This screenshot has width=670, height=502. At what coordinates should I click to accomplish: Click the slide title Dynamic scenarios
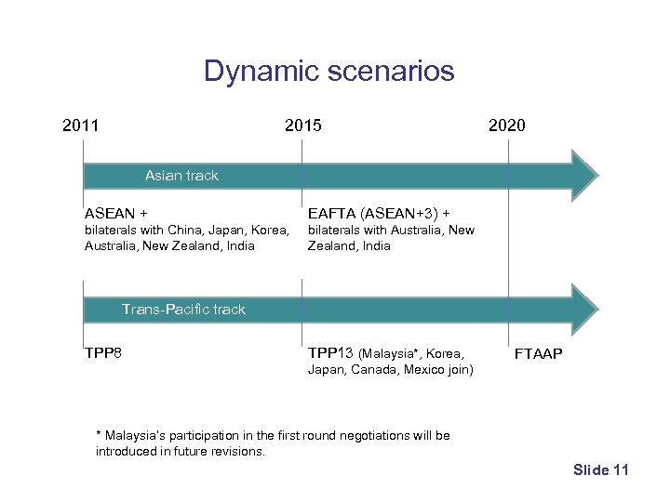(328, 71)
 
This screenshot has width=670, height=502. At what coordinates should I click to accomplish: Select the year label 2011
(81, 125)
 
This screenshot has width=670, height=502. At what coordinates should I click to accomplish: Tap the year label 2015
(303, 125)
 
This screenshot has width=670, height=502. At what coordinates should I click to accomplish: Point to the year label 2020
(506, 125)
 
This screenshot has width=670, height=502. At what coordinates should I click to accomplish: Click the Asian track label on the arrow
(181, 175)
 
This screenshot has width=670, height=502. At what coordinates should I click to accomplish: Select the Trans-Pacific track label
(183, 310)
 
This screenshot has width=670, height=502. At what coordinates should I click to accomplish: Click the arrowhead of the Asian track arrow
(584, 176)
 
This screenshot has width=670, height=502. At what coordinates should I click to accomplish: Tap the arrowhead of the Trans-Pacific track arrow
(584, 310)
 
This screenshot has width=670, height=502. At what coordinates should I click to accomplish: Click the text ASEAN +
(115, 212)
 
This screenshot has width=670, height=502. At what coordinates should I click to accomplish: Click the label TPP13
(330, 352)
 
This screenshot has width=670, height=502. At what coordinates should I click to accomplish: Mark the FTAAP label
(539, 354)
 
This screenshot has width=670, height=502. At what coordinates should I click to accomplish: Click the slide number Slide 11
(601, 470)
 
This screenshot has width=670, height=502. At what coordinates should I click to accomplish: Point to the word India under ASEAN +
(238, 246)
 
